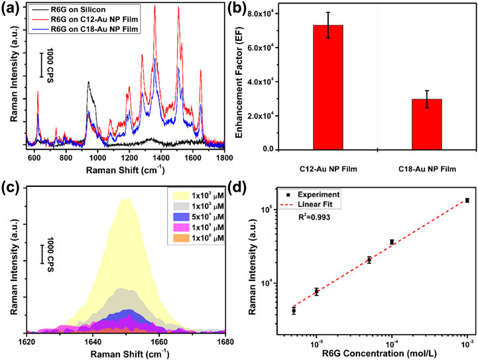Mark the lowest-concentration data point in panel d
(294, 310)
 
